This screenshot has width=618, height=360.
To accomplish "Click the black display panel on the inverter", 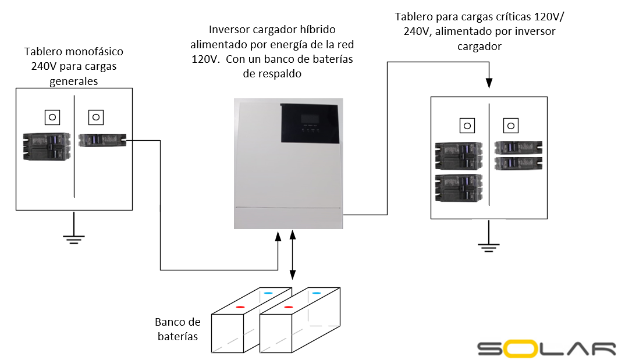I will pyautogui.click(x=309, y=123).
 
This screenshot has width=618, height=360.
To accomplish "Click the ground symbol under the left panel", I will pyautogui.click(x=74, y=235).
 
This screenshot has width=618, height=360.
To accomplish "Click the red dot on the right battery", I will pyautogui.click(x=288, y=306).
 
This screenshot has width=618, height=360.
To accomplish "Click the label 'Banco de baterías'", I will pyautogui.click(x=177, y=329).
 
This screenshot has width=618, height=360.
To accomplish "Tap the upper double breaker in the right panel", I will pyautogui.click(x=458, y=155).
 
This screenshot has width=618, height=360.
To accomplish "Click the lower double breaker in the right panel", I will pyautogui.click(x=458, y=187).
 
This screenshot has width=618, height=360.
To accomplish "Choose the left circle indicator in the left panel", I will pyautogui.click(x=52, y=117).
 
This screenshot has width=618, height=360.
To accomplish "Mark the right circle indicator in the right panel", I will pyautogui.click(x=510, y=125).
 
